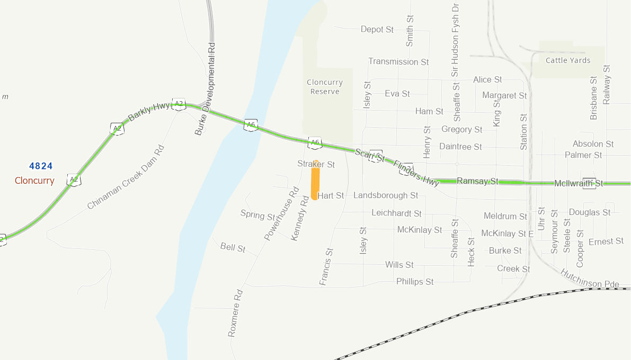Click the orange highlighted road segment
(315, 181)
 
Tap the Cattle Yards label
(568, 60)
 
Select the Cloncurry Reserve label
(325, 87)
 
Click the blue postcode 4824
(41, 166)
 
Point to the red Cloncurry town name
(34, 181)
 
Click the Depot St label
(377, 30)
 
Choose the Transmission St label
(398, 62)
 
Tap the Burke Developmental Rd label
(206, 89)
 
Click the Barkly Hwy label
(149, 111)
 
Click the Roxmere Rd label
(235, 313)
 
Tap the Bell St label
(233, 247)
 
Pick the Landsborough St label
(386, 195)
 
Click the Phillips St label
(415, 282)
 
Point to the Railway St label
(607, 84)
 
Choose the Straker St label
(316, 165)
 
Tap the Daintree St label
(460, 147)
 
